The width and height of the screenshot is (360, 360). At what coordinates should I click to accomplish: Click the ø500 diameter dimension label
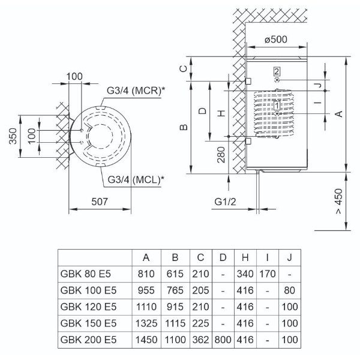click(x=276, y=39)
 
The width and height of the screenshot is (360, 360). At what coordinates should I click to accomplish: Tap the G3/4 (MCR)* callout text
click(x=136, y=91)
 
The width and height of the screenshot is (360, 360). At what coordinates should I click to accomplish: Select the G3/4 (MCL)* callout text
click(x=136, y=179)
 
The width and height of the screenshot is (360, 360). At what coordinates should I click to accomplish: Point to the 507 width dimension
click(x=100, y=202)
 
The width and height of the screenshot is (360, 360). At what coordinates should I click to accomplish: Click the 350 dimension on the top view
click(x=13, y=136)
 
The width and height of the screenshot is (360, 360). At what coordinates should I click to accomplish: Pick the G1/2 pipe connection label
click(x=225, y=202)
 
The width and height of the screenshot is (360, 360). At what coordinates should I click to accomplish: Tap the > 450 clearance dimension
click(x=339, y=202)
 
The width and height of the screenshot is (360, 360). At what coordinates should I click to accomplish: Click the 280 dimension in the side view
click(x=221, y=155)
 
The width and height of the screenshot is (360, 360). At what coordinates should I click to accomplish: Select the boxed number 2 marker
click(x=277, y=71)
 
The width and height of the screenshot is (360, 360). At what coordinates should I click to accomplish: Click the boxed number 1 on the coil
click(x=277, y=106)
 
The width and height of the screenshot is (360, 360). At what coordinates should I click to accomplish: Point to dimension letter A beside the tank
click(x=339, y=114)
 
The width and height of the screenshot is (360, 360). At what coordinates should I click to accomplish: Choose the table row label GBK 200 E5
click(x=88, y=340)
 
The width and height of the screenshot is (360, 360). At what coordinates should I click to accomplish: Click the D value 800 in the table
click(x=223, y=340)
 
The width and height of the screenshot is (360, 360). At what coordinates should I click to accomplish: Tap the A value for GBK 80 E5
click(x=146, y=274)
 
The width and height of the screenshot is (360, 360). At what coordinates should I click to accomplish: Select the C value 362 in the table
click(x=200, y=340)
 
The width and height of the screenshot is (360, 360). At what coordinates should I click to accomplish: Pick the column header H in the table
click(x=245, y=257)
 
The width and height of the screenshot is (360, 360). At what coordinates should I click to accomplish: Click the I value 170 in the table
click(x=267, y=274)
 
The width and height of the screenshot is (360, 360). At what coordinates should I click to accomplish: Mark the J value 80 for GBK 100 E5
click(x=289, y=290)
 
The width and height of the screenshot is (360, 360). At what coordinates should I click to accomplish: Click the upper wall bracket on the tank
click(x=248, y=81)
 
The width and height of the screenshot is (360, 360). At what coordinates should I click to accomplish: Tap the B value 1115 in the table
click(x=175, y=323)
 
